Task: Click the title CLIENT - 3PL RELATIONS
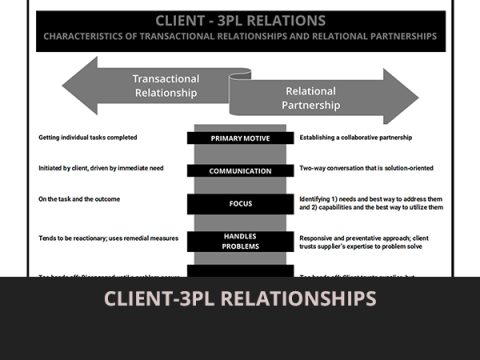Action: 240,20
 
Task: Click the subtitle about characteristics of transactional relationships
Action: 240,37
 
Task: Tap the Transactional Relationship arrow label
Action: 166,86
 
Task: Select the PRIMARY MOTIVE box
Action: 240,137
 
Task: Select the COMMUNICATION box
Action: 240,171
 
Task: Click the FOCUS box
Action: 240,204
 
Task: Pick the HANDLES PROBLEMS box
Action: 240,241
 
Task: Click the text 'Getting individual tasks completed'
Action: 88,137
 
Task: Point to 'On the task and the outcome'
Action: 78,201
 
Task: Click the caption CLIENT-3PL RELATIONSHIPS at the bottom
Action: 240,299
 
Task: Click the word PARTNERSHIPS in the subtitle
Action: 404,37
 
